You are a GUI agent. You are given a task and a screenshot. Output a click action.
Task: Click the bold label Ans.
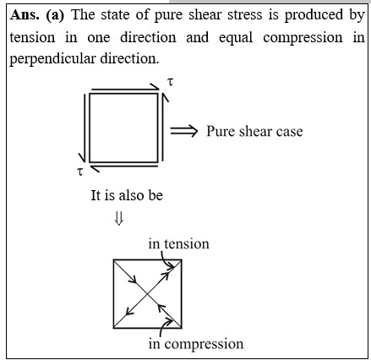[25, 15]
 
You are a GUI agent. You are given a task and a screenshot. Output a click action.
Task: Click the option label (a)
[55, 15]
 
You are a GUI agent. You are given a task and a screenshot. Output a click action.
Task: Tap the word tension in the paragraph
[32, 37]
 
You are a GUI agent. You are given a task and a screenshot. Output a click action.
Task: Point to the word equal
[236, 38]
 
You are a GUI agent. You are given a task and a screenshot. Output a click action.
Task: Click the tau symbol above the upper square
[170, 82]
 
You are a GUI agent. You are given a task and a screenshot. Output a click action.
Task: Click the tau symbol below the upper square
[80, 171]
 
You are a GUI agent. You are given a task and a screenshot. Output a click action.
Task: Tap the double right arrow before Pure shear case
[184, 131]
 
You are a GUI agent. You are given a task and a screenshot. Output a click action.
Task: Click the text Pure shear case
[254, 131]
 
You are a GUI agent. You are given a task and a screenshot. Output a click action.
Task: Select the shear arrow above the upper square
[125, 88]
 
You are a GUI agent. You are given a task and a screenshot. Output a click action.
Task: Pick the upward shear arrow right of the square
[164, 127]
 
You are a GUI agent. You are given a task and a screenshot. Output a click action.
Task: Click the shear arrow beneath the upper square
[124, 168]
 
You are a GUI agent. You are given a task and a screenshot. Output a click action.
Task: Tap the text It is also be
[127, 195]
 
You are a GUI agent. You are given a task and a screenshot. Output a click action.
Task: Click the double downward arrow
[118, 218]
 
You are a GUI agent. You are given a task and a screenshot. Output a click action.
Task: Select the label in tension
[179, 243]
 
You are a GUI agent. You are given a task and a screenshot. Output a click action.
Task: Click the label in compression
[196, 344]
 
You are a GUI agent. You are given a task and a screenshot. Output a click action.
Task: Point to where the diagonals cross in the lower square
[147, 294]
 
